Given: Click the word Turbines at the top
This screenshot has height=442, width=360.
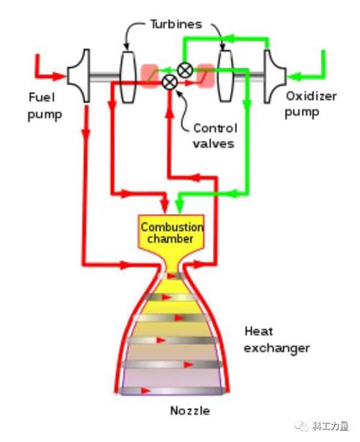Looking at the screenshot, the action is click(x=176, y=24).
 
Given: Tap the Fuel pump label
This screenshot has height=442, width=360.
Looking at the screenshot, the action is click(x=45, y=107).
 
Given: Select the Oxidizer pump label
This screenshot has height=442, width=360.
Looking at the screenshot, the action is click(x=311, y=105).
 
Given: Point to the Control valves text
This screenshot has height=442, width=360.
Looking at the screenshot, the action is click(x=215, y=136).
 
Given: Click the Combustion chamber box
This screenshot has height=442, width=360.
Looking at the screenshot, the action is click(x=171, y=232).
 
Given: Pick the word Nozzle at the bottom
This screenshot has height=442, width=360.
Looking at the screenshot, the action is click(x=190, y=411).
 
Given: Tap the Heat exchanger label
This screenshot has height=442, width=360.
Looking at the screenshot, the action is click(x=276, y=340).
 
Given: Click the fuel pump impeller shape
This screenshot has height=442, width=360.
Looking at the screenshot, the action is click(x=79, y=76).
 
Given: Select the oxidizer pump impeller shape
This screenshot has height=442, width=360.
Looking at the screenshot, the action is click(x=274, y=76).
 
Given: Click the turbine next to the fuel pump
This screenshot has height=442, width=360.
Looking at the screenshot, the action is click(x=127, y=76).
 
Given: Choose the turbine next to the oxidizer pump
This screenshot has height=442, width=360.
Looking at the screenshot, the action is click(x=225, y=76).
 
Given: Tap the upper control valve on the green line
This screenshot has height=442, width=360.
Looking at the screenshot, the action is click(x=185, y=70).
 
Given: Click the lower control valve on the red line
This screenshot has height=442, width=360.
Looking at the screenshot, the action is click(x=170, y=82).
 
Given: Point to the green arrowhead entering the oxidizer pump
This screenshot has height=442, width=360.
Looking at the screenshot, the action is click(x=293, y=76).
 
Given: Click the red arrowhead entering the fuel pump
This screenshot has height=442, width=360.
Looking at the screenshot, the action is click(x=59, y=76).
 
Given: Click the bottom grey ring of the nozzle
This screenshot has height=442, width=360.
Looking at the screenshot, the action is click(x=172, y=391).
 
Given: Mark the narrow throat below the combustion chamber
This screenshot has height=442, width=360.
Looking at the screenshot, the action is click(x=172, y=268).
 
